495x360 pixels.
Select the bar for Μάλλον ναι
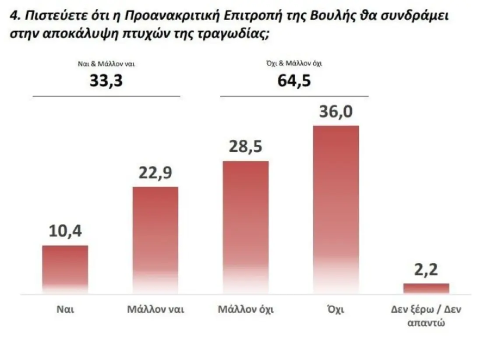155,240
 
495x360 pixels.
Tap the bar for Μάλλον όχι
246,227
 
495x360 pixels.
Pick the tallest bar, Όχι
336,209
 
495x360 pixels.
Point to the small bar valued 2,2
426,288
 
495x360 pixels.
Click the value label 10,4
65,230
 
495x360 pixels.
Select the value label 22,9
155,172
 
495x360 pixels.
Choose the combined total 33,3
106,81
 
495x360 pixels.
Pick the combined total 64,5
294,81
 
